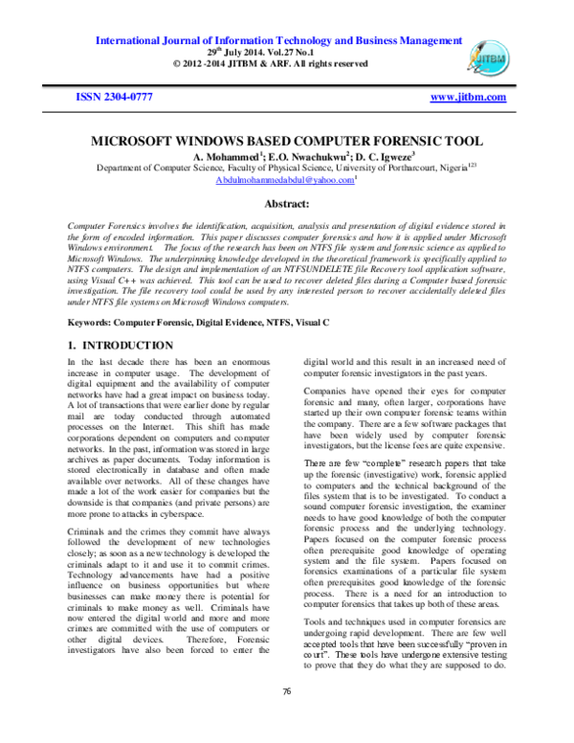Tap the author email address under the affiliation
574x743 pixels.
(x=271, y=179)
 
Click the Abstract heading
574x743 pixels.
(x=286, y=204)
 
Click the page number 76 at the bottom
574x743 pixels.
(x=286, y=717)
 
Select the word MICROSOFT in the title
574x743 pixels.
(x=137, y=140)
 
